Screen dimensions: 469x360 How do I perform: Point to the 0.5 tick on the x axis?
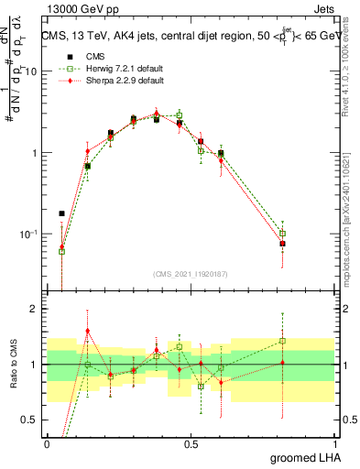tap(191, 443)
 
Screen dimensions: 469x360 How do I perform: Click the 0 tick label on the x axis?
tap(48, 443)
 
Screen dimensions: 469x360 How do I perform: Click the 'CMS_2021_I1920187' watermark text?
tap(191, 274)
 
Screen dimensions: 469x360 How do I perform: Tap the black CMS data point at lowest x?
tap(62, 213)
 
